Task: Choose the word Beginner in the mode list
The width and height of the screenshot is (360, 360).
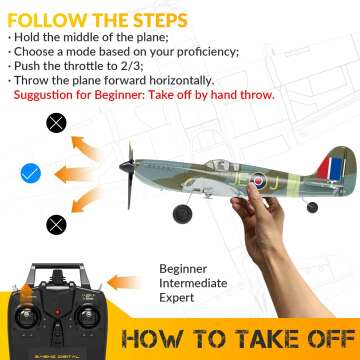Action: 188,268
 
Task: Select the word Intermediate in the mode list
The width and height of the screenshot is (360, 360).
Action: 199,284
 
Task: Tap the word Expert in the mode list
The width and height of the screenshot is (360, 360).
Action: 181,300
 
